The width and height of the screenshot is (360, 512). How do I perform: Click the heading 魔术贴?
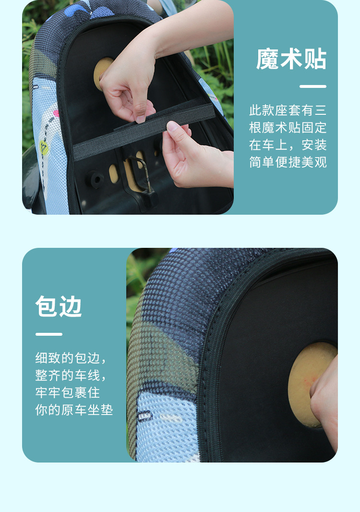(291, 59)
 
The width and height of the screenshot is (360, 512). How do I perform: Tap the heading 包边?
(59, 306)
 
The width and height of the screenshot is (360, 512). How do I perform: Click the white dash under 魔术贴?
(313, 86)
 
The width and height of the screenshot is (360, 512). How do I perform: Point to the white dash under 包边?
(48, 334)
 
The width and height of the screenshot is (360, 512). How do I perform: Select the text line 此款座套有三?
(288, 110)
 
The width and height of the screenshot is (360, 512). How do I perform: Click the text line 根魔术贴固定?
(288, 128)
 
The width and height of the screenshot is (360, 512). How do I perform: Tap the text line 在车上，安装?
(288, 145)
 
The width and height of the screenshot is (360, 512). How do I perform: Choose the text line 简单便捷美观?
(288, 162)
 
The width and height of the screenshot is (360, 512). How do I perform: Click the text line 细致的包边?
(71, 358)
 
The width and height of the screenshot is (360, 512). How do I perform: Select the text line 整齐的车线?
(71, 376)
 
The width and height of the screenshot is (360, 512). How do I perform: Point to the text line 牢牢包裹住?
(68, 393)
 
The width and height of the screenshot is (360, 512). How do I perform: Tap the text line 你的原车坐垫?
(74, 410)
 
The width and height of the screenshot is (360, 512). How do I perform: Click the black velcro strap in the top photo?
(144, 132)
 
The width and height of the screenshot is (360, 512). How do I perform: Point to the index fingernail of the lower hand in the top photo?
(172, 126)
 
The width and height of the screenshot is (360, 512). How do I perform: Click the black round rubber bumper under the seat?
(96, 179)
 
